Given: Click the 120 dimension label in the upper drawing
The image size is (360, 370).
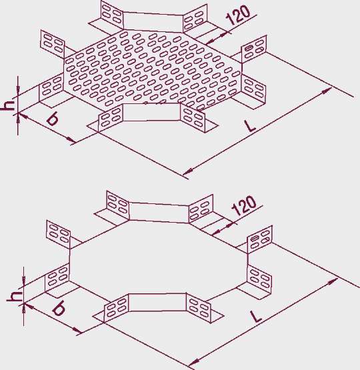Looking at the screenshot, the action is point(238,15).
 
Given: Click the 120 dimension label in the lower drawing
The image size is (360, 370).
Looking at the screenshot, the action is point(244,205).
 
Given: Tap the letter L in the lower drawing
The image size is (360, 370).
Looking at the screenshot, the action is point(257,317).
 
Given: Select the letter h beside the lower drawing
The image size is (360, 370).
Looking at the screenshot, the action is point(14,296).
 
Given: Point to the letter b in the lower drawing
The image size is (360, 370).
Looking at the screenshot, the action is point(59,309).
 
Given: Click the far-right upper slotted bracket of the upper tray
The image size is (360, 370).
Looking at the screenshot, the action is point(254,49).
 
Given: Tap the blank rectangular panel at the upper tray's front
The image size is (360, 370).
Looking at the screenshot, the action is point(151,112).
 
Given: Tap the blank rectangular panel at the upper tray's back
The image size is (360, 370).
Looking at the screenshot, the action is point(153,21).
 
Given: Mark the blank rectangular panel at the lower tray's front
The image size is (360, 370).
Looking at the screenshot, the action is point(157,302).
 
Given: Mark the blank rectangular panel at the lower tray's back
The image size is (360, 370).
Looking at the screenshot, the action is point(159,212).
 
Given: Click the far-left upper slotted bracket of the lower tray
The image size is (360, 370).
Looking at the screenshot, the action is point(58,235).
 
